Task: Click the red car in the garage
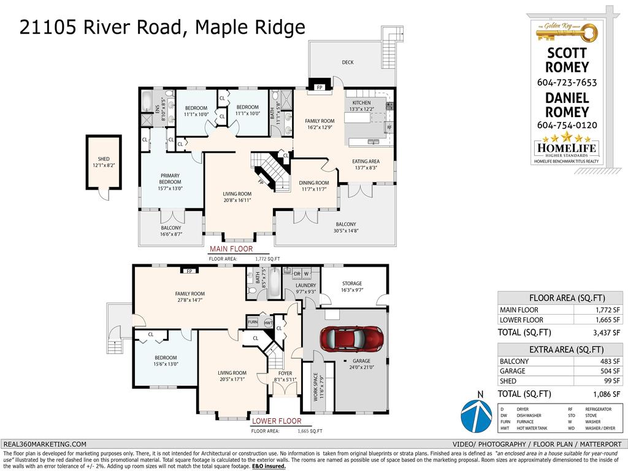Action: click(351, 338)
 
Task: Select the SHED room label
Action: click(104, 159)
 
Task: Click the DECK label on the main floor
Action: click(348, 63)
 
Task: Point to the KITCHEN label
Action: click(361, 102)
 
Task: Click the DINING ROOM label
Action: click(313, 183)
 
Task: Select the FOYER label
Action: click(285, 373)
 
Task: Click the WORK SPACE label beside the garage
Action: click(316, 387)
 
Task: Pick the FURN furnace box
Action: click(253, 322)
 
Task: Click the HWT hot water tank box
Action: click(268, 322)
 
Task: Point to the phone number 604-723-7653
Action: click(567, 82)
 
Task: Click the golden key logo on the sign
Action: click(567, 29)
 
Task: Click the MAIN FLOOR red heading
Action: click(231, 250)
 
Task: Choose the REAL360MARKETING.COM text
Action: click(45, 444)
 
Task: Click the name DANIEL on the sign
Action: click(567, 98)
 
